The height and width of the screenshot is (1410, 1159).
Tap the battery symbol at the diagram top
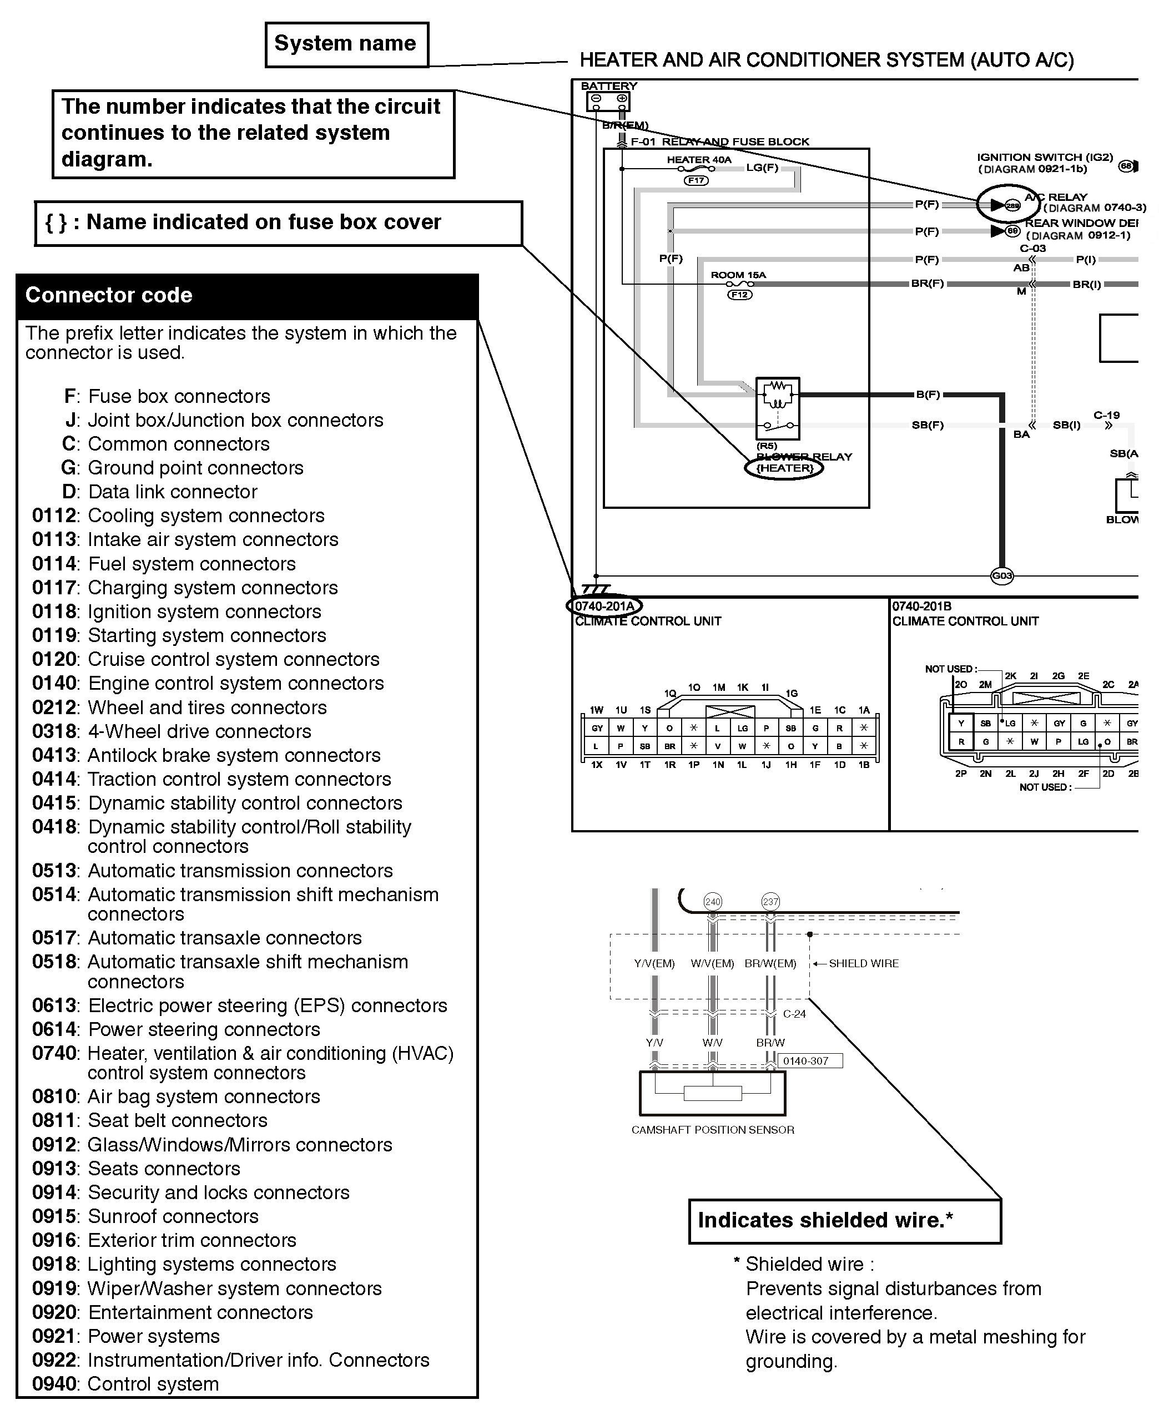coord(608,101)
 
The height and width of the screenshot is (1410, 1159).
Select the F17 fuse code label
coord(696,180)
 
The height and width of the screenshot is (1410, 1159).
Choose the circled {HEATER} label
coord(784,468)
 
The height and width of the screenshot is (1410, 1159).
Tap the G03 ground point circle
coord(1002,575)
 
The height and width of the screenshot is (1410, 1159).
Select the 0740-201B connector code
coord(922,606)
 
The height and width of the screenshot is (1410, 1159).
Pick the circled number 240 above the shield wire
coord(713,902)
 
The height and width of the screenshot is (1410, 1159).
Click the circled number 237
coord(770,902)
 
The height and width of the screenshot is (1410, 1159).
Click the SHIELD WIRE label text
coord(863,963)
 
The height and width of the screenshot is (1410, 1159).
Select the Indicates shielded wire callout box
coord(844,1220)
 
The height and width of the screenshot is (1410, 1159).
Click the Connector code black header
coord(247,296)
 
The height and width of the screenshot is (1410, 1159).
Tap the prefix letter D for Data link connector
coord(69,492)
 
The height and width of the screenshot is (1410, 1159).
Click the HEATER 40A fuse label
coord(699,159)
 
